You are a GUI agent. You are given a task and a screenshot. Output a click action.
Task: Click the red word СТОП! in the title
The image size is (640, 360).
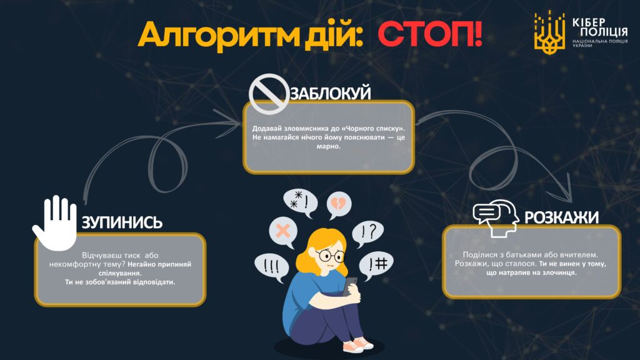click(x=429, y=34)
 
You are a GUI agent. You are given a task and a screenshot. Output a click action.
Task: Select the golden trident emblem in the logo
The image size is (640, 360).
click(x=549, y=32)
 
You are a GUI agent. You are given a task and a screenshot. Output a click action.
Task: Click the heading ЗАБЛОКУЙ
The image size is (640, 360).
click(x=331, y=94)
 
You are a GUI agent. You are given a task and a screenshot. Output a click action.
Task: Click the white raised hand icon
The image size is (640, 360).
click(x=56, y=223)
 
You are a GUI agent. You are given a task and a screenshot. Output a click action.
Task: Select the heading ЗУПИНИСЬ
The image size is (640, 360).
click(x=122, y=222)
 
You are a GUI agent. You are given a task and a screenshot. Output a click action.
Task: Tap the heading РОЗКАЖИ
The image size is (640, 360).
click(x=561, y=217)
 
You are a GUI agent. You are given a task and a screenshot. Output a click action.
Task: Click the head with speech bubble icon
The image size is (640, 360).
click(x=496, y=218)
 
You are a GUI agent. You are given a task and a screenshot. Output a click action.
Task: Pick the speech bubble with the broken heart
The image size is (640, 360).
click(x=339, y=204)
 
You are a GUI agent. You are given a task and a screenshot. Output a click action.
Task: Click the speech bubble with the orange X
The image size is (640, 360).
click(x=283, y=231)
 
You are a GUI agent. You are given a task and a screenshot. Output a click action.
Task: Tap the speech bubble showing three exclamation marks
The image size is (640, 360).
click(x=272, y=267)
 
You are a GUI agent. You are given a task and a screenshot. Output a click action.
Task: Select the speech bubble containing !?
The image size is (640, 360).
click(x=367, y=234)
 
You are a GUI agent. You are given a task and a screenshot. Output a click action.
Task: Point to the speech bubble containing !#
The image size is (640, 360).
click(x=376, y=265)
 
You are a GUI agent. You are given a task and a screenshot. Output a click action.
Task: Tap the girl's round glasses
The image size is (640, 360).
click(x=330, y=256)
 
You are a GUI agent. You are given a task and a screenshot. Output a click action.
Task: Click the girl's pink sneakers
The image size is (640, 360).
click(x=357, y=345)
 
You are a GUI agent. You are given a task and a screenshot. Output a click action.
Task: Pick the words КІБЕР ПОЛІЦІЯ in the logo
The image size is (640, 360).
click(x=600, y=27)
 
